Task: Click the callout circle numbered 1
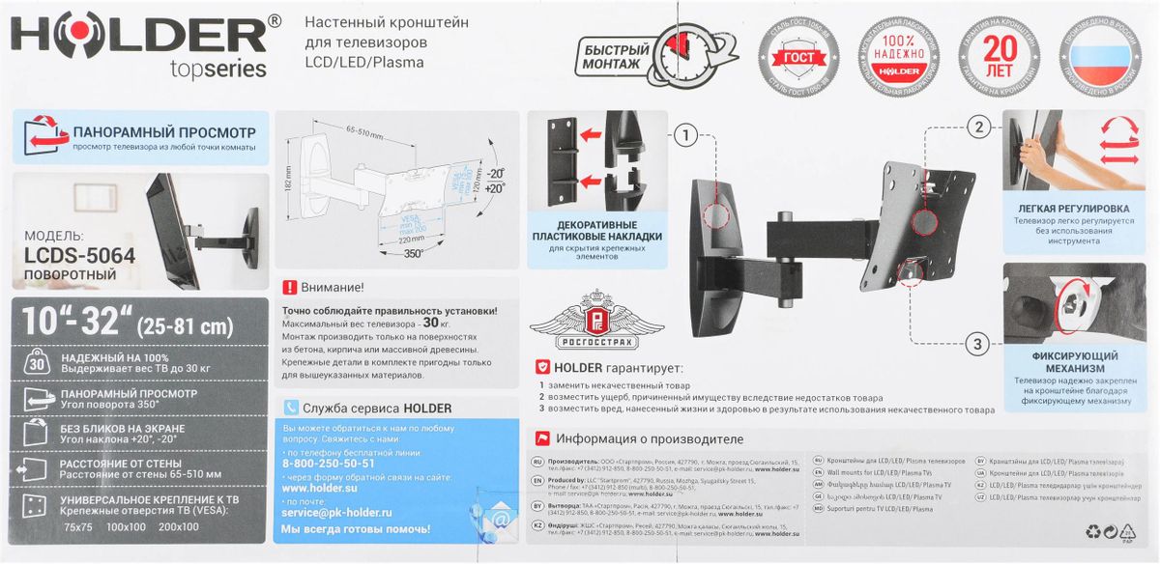pos(685,136)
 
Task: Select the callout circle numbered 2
pos(978,127)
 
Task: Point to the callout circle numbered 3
pos(978,343)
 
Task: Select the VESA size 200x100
pos(179,526)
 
